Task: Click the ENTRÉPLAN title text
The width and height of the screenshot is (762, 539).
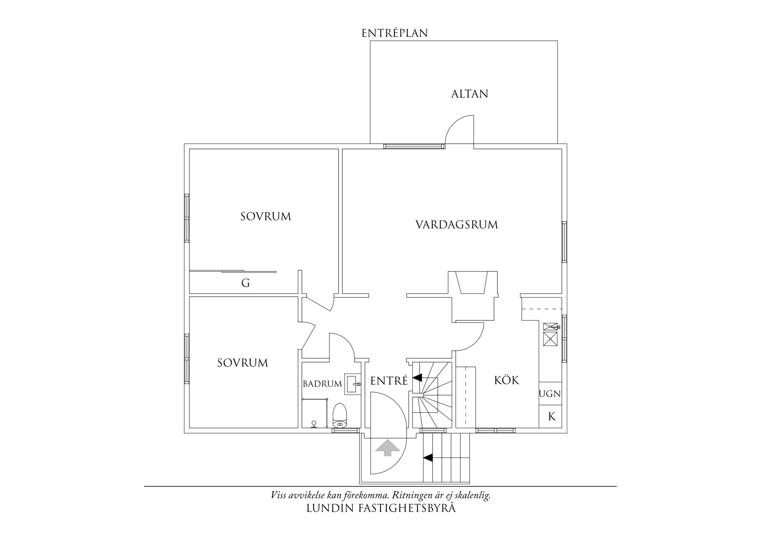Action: click(x=394, y=33)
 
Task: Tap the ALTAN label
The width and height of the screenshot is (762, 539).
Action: click(x=470, y=94)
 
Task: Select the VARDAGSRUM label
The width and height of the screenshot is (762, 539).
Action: click(x=457, y=225)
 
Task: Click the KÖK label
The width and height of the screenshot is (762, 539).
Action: click(x=507, y=380)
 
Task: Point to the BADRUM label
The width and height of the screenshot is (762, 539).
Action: click(x=322, y=384)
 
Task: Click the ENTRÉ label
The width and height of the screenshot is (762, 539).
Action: click(x=389, y=381)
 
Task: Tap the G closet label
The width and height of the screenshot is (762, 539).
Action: click(x=245, y=283)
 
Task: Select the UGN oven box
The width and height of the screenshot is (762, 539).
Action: click(x=550, y=394)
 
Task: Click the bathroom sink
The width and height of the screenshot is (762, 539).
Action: click(x=353, y=384)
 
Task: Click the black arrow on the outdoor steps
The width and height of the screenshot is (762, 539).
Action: click(x=428, y=457)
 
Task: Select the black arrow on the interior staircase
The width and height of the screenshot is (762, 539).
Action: click(x=417, y=378)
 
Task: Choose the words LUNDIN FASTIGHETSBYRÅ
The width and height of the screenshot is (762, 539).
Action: click(x=381, y=509)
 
